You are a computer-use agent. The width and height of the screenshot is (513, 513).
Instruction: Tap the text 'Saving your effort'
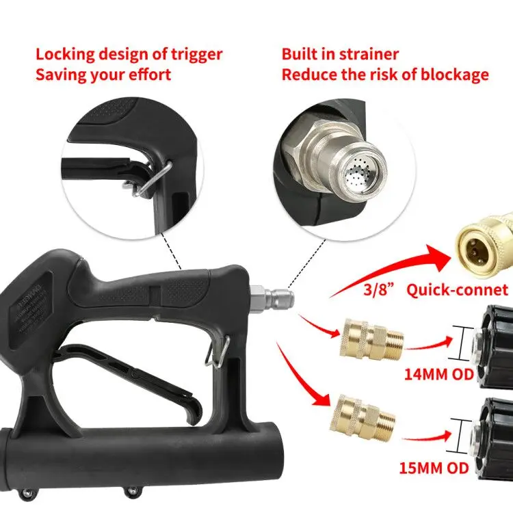[103, 74]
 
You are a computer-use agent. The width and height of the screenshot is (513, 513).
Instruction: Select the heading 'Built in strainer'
[340, 54]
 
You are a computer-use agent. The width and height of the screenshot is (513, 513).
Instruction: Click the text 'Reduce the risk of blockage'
[385, 74]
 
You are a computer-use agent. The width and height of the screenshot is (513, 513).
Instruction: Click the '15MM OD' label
[434, 470]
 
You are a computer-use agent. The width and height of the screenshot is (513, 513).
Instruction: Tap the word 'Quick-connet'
[457, 290]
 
